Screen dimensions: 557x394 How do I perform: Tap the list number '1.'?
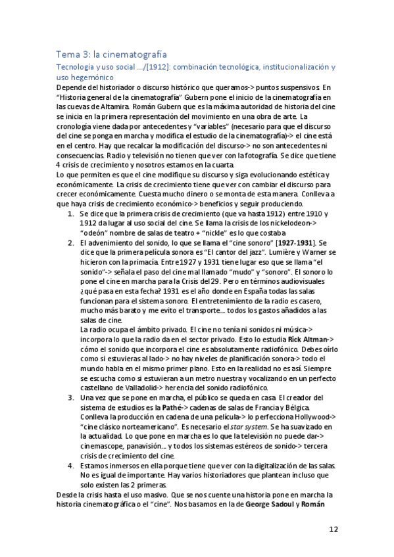[71, 215]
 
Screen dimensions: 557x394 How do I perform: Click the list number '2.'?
[71, 243]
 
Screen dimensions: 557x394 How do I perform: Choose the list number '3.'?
[71, 397]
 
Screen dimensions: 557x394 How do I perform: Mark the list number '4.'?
[71, 465]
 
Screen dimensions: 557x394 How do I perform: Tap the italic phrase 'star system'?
[237, 427]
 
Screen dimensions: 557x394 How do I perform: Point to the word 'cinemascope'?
[104, 446]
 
